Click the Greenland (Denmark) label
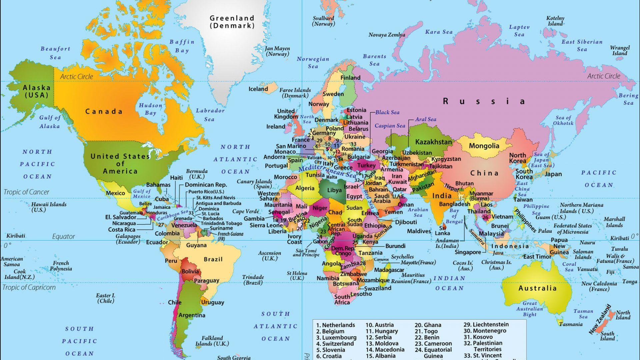[232, 22]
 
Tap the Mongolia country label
[484, 146]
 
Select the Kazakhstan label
[433, 142]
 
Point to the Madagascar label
[389, 270]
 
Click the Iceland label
[258, 89]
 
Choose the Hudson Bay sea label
[150, 109]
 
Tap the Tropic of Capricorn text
[29, 287]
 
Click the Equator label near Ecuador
[63, 237]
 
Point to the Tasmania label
[571, 324]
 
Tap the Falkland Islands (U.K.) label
[212, 341]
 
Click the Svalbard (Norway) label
[323, 21]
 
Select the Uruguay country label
[212, 302]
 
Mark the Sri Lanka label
[442, 230]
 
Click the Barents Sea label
[374, 60]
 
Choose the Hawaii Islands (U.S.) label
[49, 207]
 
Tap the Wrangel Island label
[620, 50]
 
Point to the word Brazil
[213, 259]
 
